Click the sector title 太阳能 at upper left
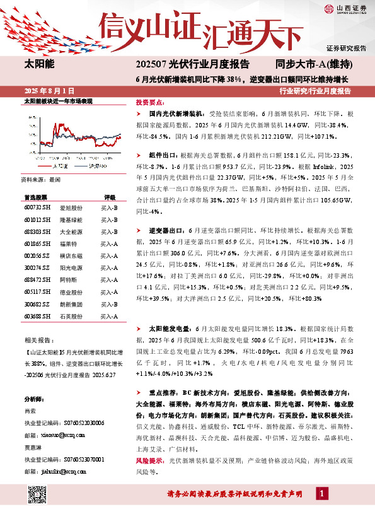(38, 64)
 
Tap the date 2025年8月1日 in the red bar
(48, 91)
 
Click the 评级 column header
(110, 197)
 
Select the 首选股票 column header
(35, 197)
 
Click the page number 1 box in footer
(323, 493)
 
